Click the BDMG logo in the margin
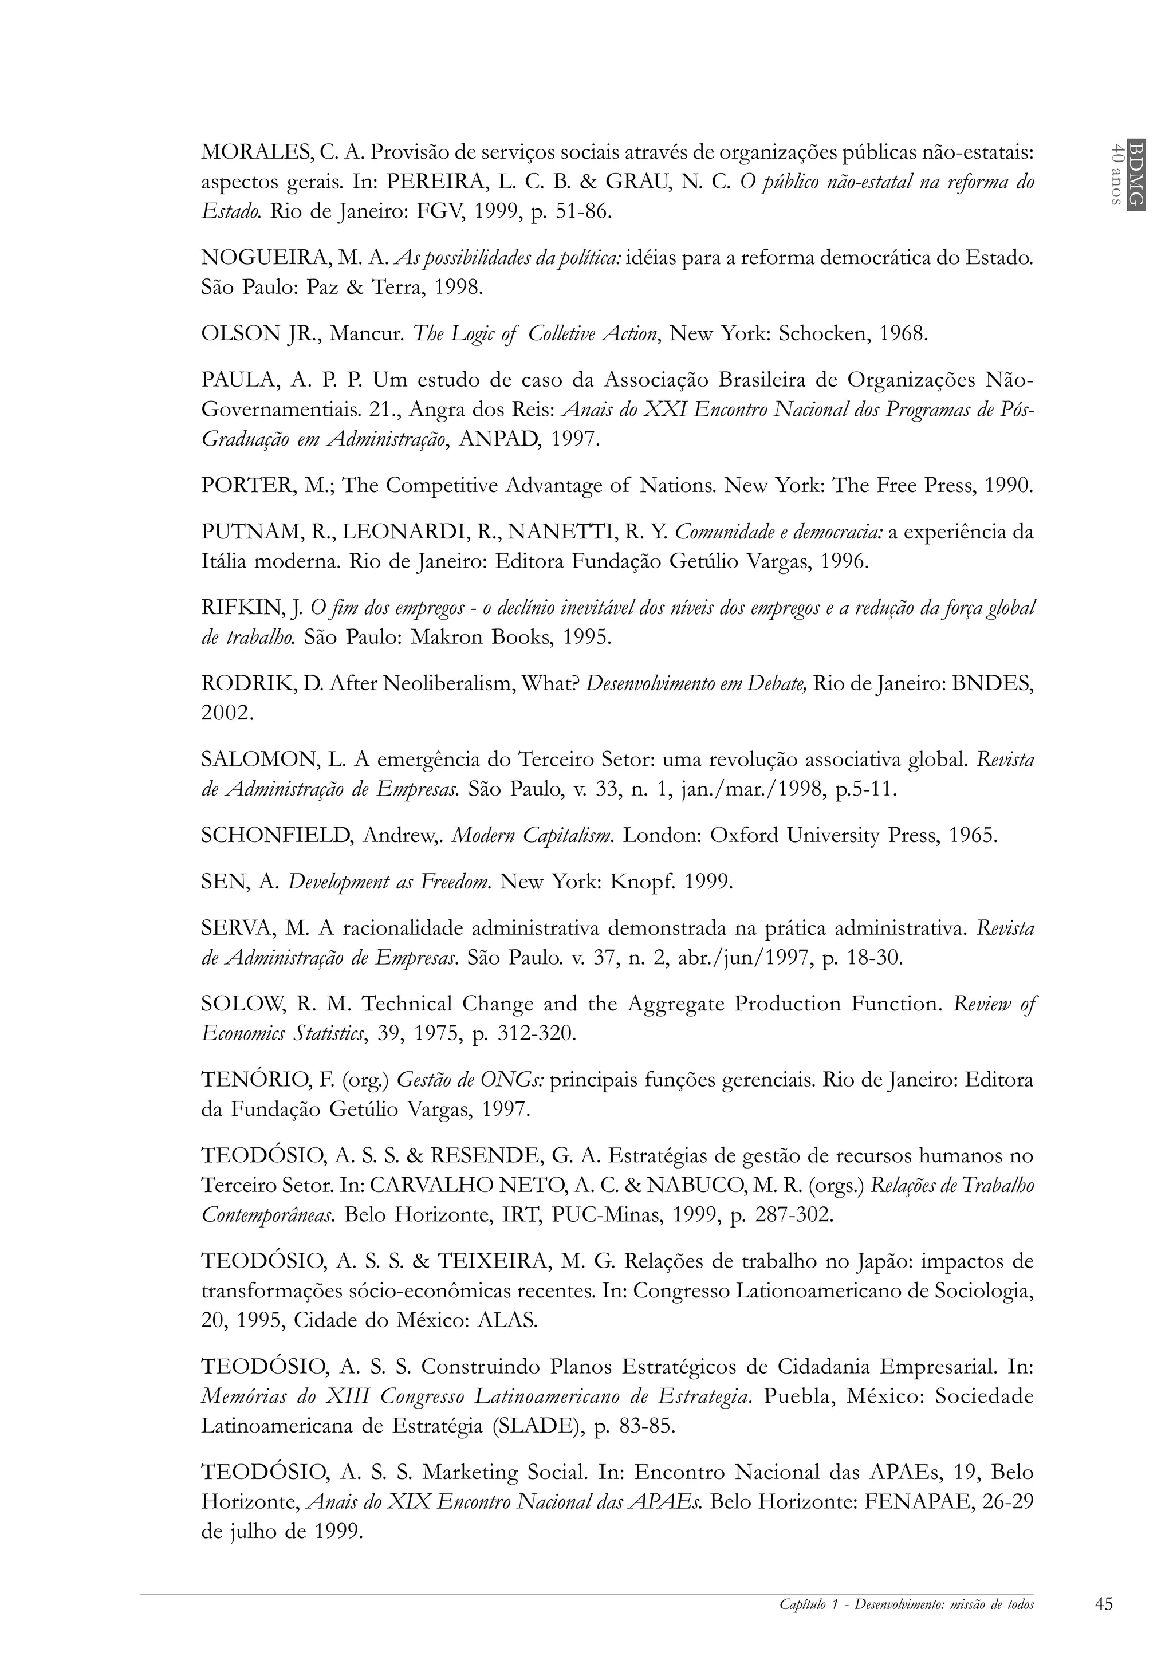click(1135, 174)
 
